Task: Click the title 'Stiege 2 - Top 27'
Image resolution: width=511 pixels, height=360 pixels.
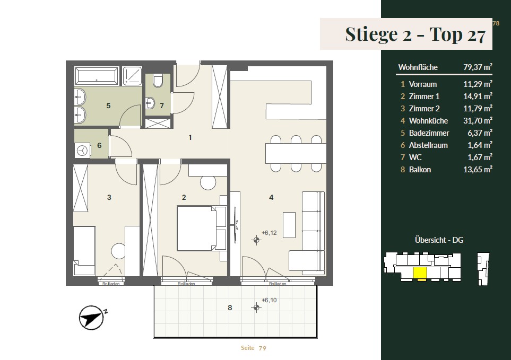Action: point(415,34)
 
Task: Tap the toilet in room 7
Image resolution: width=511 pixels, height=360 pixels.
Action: point(158,81)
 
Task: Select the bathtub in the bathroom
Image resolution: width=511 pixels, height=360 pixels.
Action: point(97,76)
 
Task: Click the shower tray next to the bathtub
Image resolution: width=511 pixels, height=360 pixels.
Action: point(132,76)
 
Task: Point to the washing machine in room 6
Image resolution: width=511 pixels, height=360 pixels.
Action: point(82,151)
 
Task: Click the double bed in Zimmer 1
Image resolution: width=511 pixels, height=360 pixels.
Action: point(196,228)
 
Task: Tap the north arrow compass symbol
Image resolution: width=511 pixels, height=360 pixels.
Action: point(92,318)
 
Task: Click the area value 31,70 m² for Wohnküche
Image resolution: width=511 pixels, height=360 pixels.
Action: point(478,121)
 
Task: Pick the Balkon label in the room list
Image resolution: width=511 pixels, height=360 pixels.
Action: point(420,170)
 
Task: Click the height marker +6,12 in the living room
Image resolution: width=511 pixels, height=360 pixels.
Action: point(269,233)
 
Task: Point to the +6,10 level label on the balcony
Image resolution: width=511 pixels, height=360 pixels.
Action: point(269,300)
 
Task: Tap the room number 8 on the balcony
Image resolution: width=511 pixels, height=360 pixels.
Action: point(230,308)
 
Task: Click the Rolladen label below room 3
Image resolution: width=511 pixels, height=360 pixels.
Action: point(111,284)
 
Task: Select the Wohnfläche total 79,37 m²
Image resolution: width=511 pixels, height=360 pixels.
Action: point(478,67)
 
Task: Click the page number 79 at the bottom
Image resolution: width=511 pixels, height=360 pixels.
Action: point(262,348)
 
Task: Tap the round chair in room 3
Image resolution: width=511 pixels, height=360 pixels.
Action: point(118,251)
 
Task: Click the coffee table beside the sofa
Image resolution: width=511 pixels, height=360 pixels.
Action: point(289,225)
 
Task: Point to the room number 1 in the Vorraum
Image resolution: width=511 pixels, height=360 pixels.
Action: point(190,138)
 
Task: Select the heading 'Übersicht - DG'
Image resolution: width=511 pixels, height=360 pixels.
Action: point(439,240)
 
